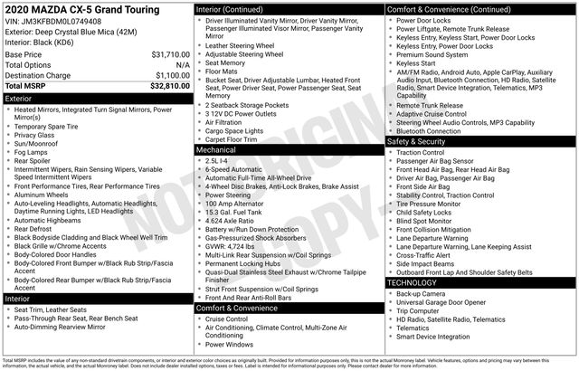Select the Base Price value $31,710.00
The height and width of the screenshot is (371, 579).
coord(170,54)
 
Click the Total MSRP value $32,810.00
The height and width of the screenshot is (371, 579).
coord(169,86)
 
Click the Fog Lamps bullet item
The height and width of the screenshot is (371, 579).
coord(34,153)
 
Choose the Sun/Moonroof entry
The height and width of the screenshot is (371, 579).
coord(39,143)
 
